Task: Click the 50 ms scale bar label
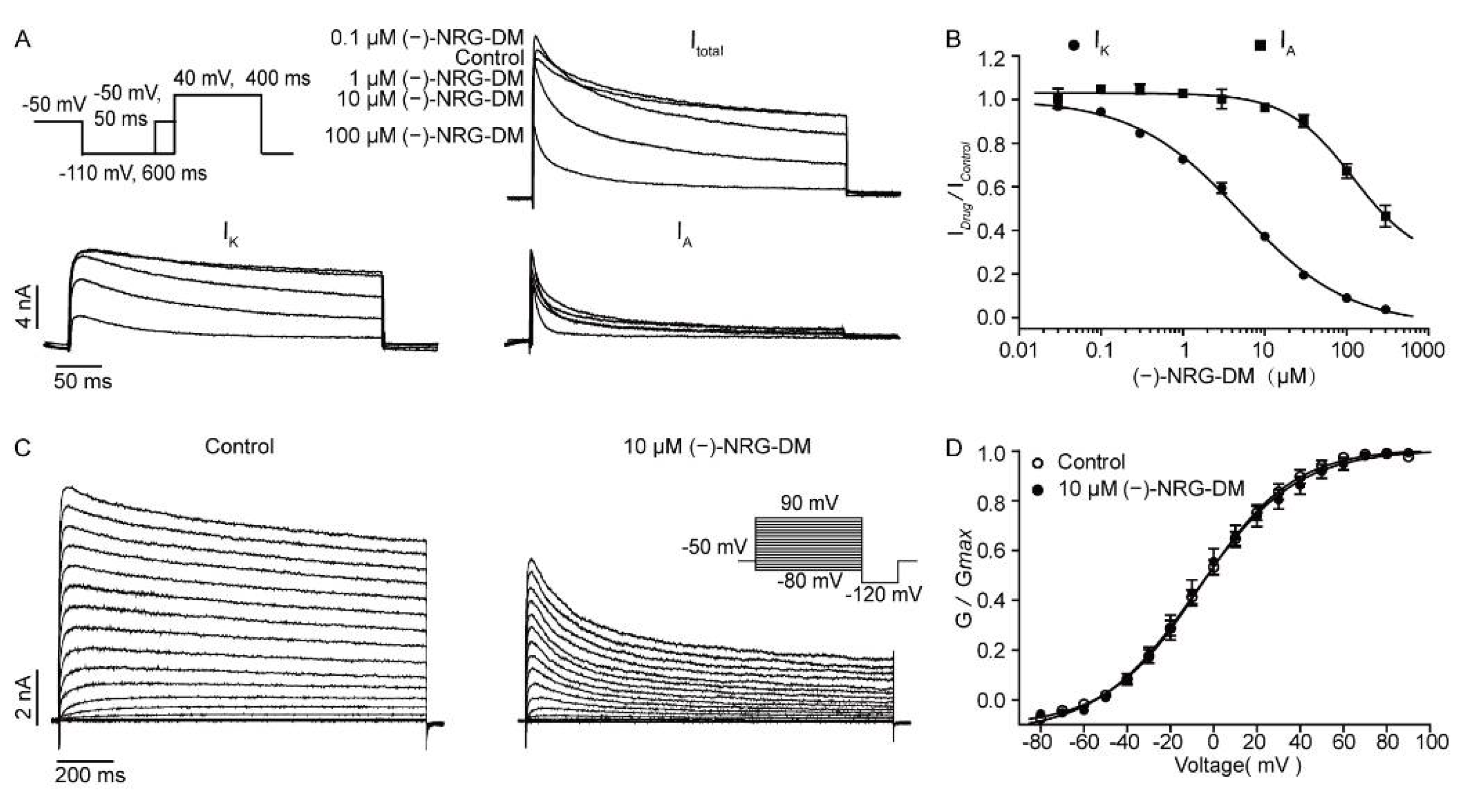click(x=83, y=381)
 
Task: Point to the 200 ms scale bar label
click(x=90, y=775)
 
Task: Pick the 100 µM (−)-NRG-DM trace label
click(x=424, y=136)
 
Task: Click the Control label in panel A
click(x=489, y=58)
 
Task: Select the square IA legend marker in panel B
click(x=1260, y=45)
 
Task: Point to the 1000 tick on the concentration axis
click(x=1422, y=350)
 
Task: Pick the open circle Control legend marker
click(x=1037, y=462)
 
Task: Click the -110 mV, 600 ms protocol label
click(x=133, y=173)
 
